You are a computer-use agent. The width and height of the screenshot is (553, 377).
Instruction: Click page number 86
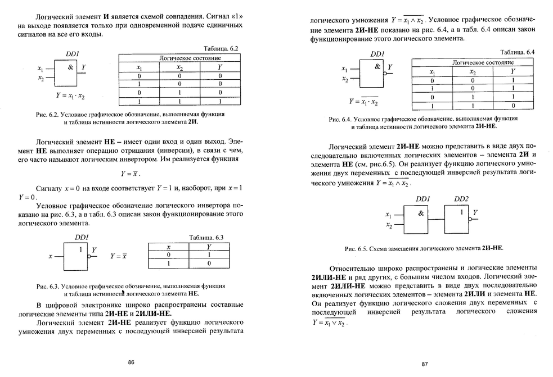click(x=131, y=362)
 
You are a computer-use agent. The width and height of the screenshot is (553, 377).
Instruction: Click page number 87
click(x=426, y=364)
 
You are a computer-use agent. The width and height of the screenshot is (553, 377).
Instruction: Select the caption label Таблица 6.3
click(x=207, y=237)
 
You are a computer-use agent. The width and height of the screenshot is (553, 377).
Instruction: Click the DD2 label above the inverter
click(x=461, y=199)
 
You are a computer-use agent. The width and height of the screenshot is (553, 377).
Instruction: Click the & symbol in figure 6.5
click(x=421, y=213)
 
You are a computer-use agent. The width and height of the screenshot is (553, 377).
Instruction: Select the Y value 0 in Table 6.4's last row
click(x=512, y=105)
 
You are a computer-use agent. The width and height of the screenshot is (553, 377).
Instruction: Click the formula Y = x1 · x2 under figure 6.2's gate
click(x=70, y=96)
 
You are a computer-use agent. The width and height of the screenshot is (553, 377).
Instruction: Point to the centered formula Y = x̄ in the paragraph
click(x=130, y=174)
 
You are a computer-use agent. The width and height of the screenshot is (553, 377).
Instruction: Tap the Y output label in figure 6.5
click(x=475, y=212)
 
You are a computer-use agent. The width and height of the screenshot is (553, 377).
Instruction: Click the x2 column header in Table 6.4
click(x=473, y=72)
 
